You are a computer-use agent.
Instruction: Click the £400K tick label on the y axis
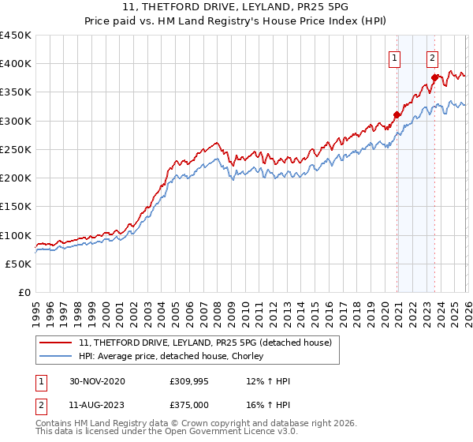pyautogui.click(x=16, y=64)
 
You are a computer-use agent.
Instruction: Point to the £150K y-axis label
pyautogui.click(x=16, y=207)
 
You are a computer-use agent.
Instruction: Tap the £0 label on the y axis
pyautogui.click(x=24, y=293)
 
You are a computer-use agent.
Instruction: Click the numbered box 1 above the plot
pyautogui.click(x=393, y=57)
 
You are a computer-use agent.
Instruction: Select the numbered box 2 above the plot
pyautogui.click(x=433, y=57)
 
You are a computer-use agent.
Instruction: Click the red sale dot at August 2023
pyautogui.click(x=435, y=77)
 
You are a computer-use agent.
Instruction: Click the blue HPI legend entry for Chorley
pyautogui.click(x=176, y=355)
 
